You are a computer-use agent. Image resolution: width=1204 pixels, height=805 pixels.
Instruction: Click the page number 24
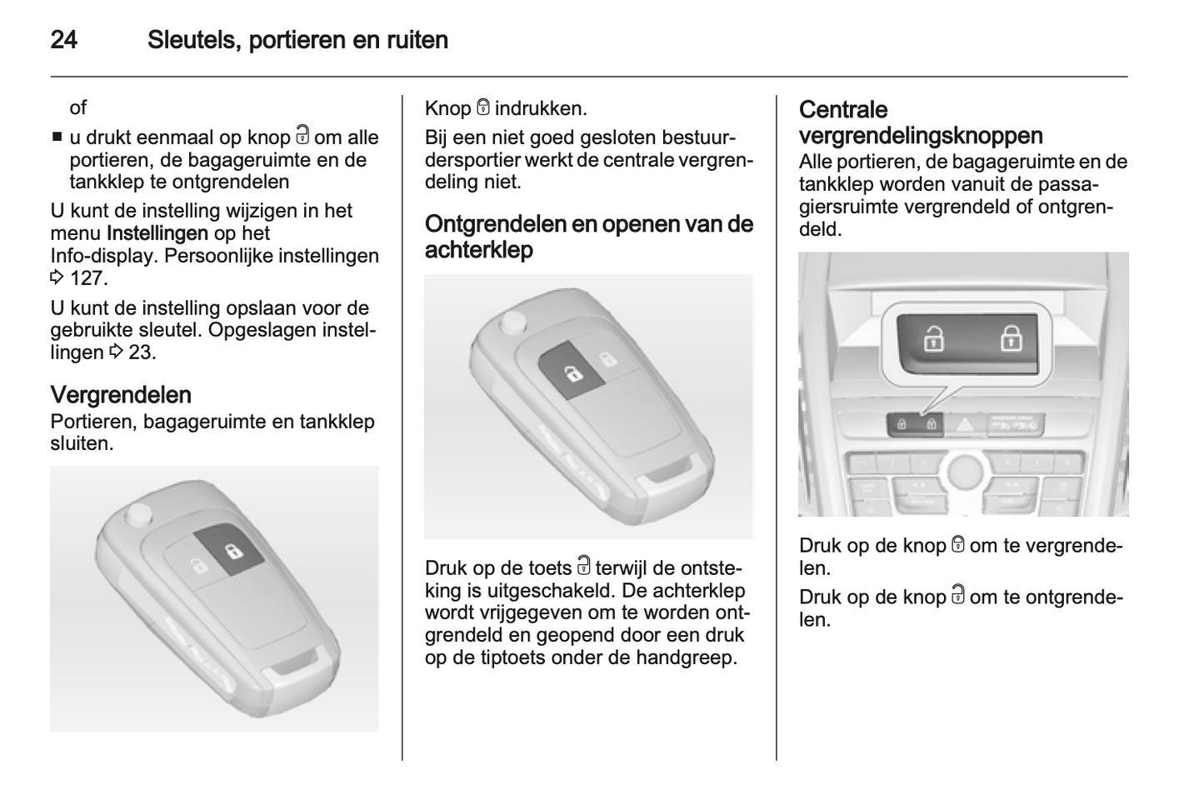click(64, 40)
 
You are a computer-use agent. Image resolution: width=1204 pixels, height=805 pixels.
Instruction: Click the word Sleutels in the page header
click(193, 40)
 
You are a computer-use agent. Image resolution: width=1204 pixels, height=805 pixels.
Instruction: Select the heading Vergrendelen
click(121, 395)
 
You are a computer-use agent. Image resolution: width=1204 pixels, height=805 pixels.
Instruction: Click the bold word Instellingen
click(157, 233)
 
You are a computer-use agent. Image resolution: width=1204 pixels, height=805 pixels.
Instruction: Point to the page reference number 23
click(142, 352)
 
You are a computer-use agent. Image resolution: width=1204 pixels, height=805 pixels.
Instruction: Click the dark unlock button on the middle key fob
click(572, 371)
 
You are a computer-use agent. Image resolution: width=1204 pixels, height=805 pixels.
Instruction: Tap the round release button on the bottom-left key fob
click(138, 515)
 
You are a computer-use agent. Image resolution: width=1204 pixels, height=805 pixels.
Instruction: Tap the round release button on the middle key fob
click(512, 322)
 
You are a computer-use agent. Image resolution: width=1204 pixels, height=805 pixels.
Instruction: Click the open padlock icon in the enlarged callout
click(934, 338)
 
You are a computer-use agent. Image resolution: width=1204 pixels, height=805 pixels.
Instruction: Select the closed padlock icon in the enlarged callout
click(1011, 338)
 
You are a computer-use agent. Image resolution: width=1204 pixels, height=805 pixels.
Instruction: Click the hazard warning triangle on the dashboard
click(966, 425)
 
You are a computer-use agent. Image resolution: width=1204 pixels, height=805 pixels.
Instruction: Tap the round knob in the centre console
click(966, 472)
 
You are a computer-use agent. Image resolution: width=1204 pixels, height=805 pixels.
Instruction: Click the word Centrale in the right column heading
click(843, 110)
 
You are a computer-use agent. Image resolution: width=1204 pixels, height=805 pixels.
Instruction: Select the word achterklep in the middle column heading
click(479, 249)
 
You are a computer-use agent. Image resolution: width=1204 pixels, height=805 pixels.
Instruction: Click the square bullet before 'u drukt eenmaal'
click(57, 137)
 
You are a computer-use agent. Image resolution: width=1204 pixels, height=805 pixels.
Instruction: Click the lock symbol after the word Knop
click(483, 107)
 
